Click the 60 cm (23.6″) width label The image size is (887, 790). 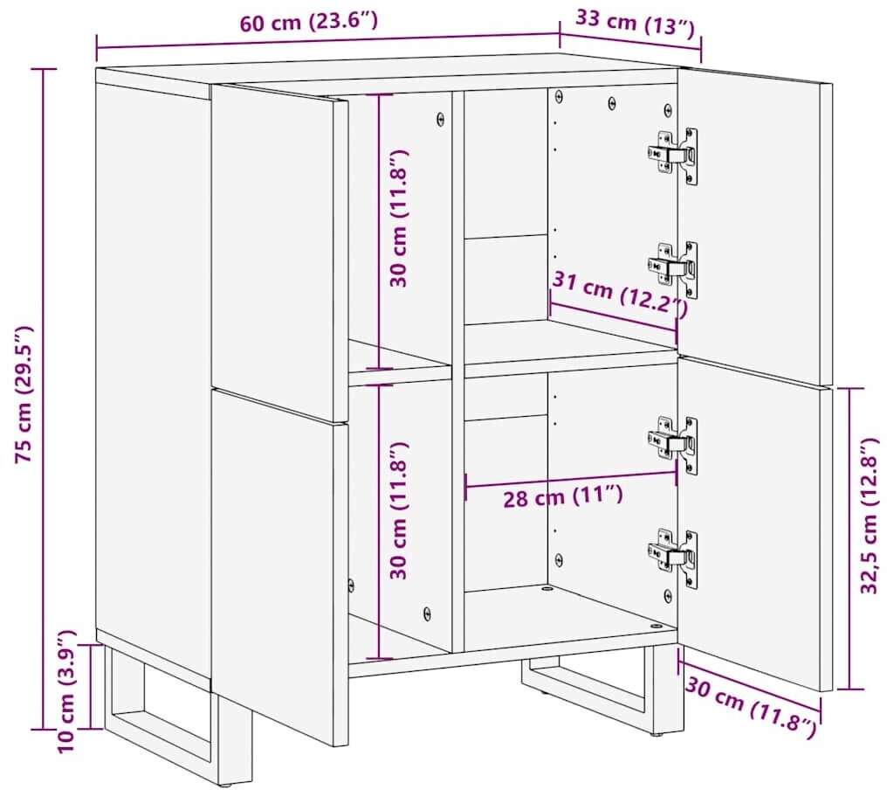[308, 24]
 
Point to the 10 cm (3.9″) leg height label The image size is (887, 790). [68, 690]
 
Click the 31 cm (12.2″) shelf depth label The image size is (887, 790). [620, 294]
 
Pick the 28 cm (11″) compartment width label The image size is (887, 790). [563, 496]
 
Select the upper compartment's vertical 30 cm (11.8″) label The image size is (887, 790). [399, 218]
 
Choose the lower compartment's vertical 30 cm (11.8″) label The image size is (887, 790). [399, 509]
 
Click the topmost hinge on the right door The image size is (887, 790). [672, 156]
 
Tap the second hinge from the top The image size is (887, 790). [672, 268]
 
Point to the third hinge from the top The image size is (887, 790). [672, 445]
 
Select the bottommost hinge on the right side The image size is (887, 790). [672, 558]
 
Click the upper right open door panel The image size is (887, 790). [755, 226]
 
